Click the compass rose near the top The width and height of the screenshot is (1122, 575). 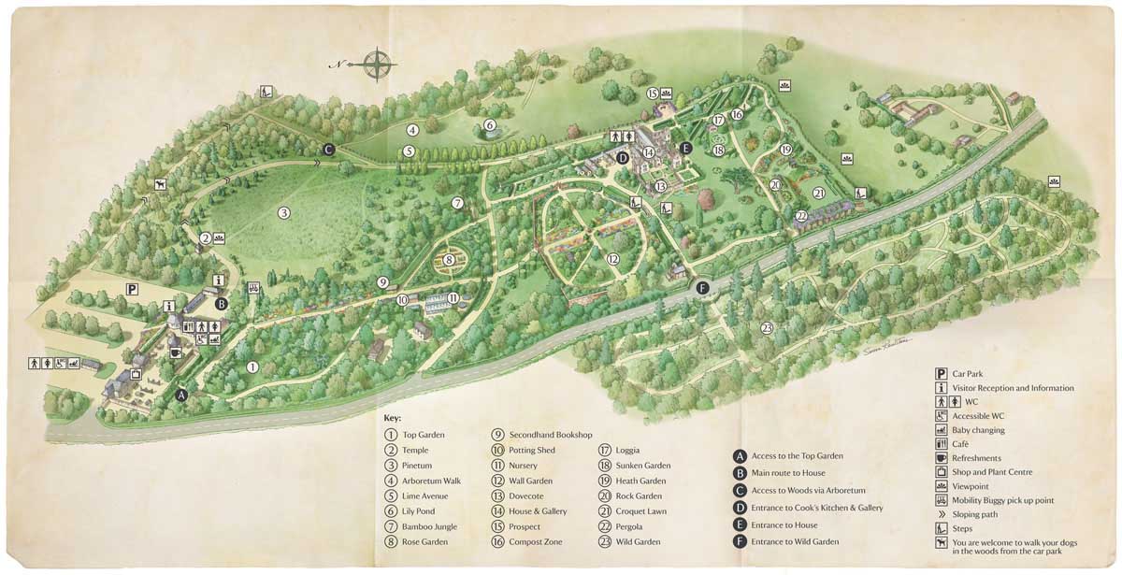pos(377,64)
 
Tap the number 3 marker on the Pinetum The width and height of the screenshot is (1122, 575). pos(283,213)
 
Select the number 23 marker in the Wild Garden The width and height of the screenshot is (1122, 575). pos(767,327)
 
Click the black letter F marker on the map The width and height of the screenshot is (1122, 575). pos(702,287)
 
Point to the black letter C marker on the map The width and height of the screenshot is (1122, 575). pos(328,149)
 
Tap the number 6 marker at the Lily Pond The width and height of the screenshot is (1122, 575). pos(489,125)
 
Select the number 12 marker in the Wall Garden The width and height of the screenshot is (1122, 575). pos(612,259)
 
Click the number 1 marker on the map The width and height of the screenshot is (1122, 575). pos(252,367)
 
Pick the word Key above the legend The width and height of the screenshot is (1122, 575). pos(392,418)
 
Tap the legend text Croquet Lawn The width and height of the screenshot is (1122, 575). pos(640,511)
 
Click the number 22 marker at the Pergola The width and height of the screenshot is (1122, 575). pos(801,216)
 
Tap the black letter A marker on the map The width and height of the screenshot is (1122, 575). pos(181,395)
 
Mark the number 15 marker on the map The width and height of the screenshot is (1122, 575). pos(653,93)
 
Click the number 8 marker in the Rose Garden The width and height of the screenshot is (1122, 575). pos(449,260)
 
